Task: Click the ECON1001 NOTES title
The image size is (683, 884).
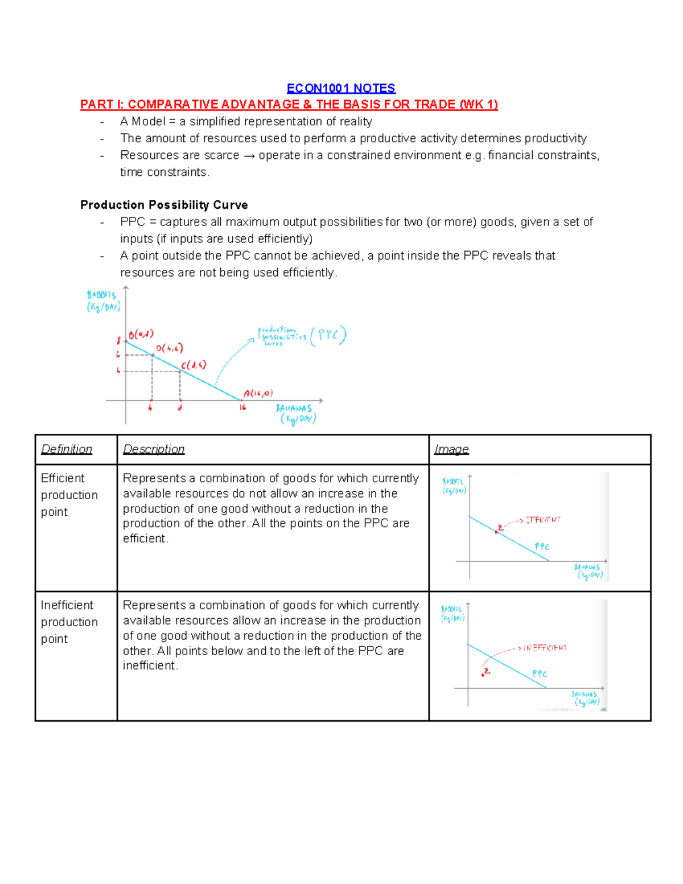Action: click(x=341, y=88)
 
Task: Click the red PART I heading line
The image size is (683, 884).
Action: click(x=289, y=105)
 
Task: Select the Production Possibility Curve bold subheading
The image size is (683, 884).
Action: click(x=164, y=205)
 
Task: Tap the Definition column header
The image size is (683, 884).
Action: click(x=67, y=449)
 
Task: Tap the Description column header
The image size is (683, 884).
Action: click(x=154, y=449)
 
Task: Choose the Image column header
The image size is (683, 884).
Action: click(x=451, y=449)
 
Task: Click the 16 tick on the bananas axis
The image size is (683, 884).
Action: click(x=242, y=408)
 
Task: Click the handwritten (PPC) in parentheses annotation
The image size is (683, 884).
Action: click(x=328, y=335)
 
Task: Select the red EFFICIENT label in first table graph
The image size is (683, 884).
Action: click(x=542, y=520)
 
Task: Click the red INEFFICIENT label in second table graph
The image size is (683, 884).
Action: click(x=545, y=648)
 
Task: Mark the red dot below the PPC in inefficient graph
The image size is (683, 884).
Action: click(x=483, y=675)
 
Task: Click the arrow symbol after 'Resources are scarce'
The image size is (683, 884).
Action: click(x=249, y=156)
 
